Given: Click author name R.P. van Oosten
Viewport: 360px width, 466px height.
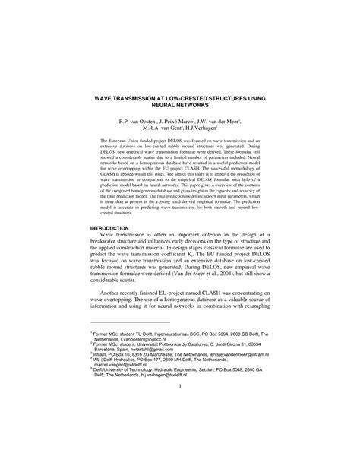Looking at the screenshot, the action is [137, 121].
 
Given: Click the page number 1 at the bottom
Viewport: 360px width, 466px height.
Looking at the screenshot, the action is [180, 435].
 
